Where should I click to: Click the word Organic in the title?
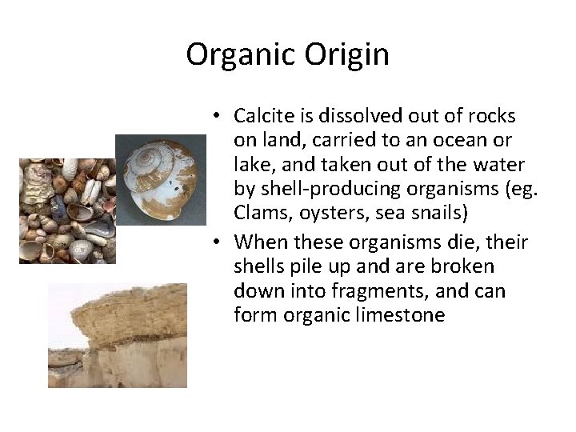241,55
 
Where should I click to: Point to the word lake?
251,165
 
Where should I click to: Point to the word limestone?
395,314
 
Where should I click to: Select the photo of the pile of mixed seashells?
67,210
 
